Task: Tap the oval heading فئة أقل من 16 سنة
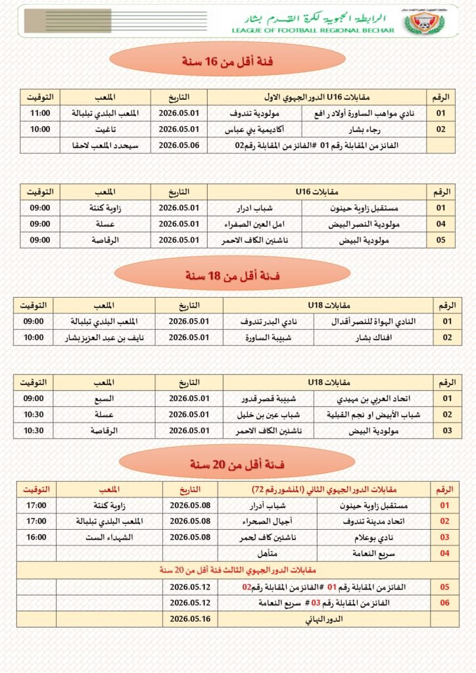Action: click(x=227, y=62)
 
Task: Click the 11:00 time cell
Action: click(x=40, y=113)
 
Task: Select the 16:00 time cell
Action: click(x=36, y=537)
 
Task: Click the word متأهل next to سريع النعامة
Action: click(x=268, y=553)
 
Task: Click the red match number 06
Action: click(x=444, y=603)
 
